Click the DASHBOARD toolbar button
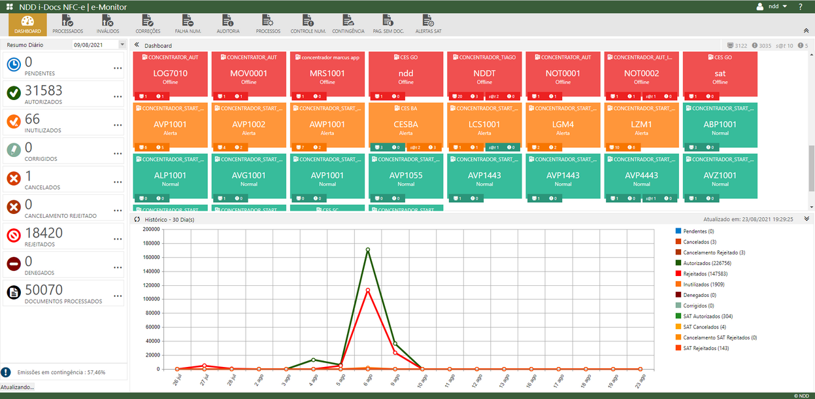27,24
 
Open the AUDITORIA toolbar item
227,24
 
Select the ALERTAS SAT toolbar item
428,24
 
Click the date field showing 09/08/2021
95,44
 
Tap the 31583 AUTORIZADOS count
43,91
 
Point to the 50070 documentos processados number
44,290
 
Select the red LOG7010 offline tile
170,74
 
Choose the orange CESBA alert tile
406,124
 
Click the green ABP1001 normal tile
720,124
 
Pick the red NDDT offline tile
484,74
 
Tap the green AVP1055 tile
406,175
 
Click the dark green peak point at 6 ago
368,249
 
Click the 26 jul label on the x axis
176,380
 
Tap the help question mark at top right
801,7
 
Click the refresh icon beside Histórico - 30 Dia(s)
137,219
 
